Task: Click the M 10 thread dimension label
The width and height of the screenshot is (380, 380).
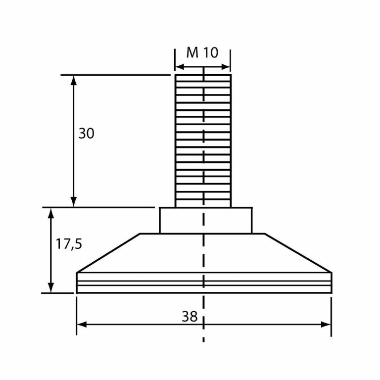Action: pos(202,52)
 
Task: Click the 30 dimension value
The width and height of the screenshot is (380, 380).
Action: pos(86,134)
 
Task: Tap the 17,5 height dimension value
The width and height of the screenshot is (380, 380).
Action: pos(68,244)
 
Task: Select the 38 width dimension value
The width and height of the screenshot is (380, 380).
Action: pos(190,317)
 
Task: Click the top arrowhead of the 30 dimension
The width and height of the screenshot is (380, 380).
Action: pos(74,80)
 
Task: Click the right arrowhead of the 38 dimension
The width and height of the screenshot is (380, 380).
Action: pos(326,325)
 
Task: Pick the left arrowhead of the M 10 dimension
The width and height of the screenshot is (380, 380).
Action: pos(179,67)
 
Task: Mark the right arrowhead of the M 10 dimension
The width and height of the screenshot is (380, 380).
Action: pos(227,67)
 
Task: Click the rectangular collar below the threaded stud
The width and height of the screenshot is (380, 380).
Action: pos(205,220)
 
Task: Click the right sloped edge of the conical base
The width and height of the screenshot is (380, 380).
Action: pos(297,253)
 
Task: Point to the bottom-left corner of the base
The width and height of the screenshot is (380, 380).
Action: pos(77,293)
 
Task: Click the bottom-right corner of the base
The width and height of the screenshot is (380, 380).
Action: pos(331,293)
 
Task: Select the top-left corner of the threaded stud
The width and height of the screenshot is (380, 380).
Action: pos(175,75)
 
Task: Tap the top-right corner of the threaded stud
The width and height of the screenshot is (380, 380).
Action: pos(231,75)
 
